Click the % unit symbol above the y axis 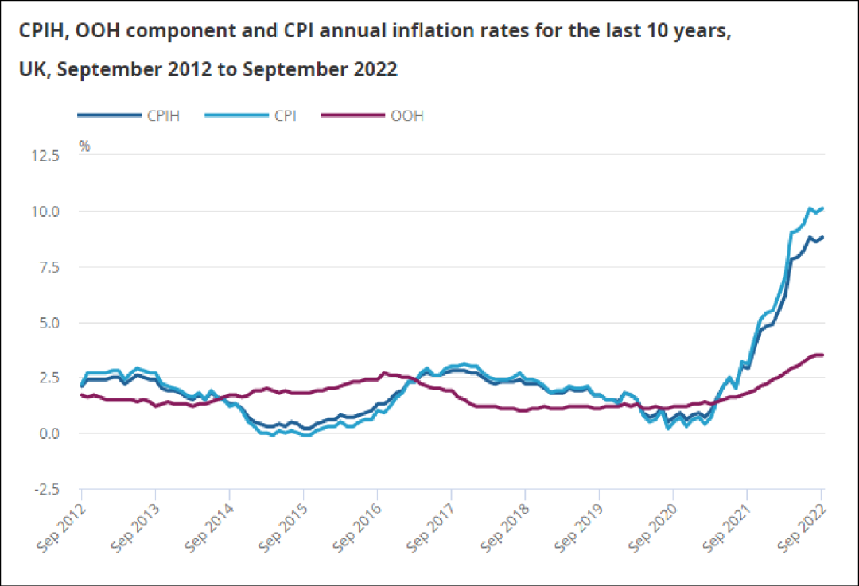click(x=84, y=146)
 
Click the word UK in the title click(x=33, y=69)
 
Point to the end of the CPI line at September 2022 click(x=822, y=209)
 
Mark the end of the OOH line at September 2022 click(x=822, y=355)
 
